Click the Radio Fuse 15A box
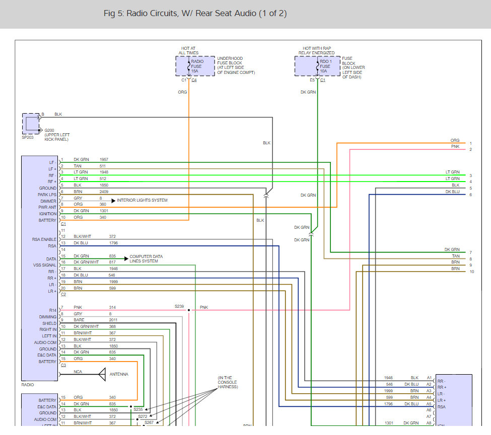[195, 66]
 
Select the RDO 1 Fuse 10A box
[317, 66]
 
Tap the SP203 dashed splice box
[31, 124]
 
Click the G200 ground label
[49, 130]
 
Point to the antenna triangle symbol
[102, 374]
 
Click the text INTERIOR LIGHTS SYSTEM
[142, 200]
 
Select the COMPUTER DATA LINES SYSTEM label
[146, 258]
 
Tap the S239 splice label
[179, 306]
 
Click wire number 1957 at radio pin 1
[104, 159]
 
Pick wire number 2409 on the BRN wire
[104, 192]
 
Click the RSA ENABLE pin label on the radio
[44, 239]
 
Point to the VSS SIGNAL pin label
[45, 265]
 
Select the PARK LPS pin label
[47, 195]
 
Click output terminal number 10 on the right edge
[471, 272]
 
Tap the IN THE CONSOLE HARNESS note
[228, 382]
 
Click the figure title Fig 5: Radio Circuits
[195, 14]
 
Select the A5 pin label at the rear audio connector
[429, 404]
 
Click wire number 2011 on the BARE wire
[113, 320]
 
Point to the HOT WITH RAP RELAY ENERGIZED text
[317, 51]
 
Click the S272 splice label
[143, 416]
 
